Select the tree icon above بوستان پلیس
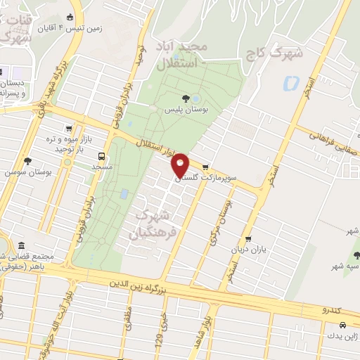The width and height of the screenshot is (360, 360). tap(186, 98)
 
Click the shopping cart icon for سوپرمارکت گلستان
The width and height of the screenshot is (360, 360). tap(205, 168)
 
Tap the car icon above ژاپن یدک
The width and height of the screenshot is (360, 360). tap(342, 326)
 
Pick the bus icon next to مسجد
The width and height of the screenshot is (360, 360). tap(103, 157)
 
